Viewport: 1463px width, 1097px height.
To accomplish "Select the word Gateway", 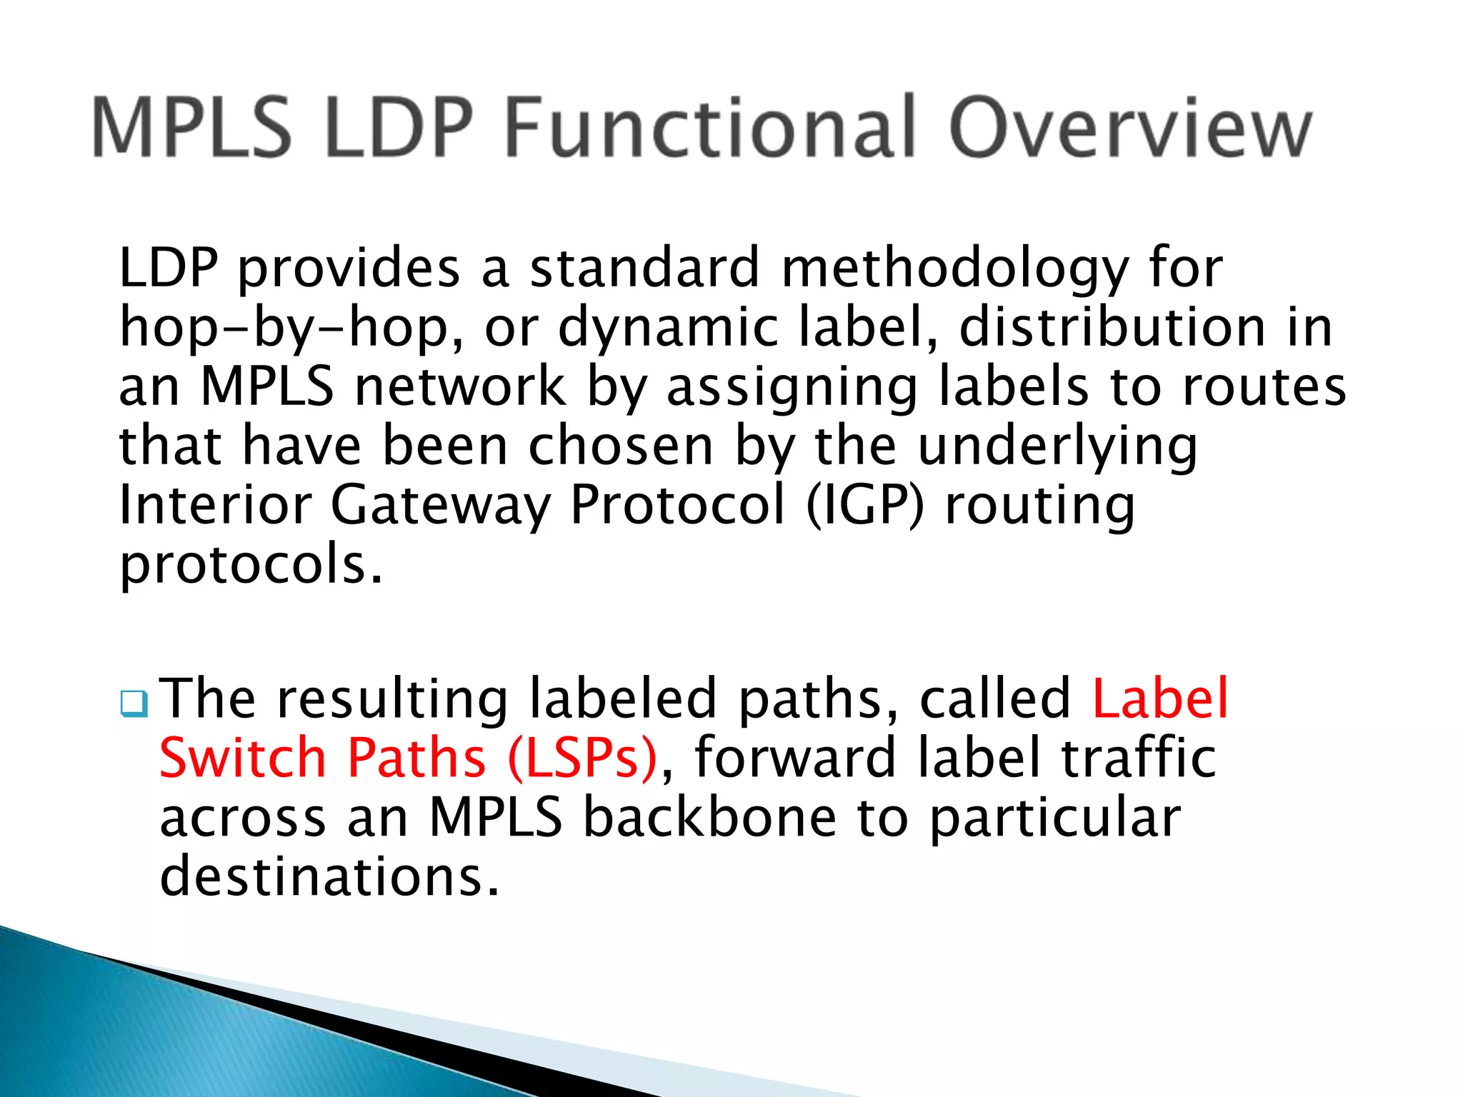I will coord(440,506).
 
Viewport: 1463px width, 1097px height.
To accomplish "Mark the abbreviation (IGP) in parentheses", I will coord(864,506).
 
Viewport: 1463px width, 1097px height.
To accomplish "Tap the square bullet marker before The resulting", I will coord(134,704).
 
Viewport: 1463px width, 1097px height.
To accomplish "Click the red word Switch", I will coord(243,758).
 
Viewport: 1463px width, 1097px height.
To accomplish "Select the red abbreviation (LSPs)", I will coord(581,758).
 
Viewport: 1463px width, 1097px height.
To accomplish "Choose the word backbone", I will coord(709,817).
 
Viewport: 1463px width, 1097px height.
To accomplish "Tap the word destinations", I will coord(329,877).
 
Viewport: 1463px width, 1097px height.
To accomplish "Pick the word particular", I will coord(1055,818).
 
